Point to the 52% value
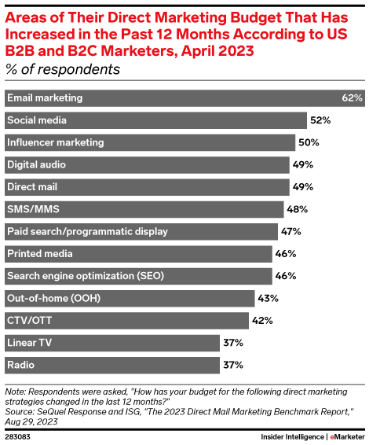tap(320, 120)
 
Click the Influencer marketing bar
tap(149, 142)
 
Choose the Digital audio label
tap(36, 165)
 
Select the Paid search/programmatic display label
tap(86, 232)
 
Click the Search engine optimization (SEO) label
tap(80, 277)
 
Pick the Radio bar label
tap(20, 366)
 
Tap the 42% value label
tap(264, 321)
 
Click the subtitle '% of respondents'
tap(63, 69)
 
